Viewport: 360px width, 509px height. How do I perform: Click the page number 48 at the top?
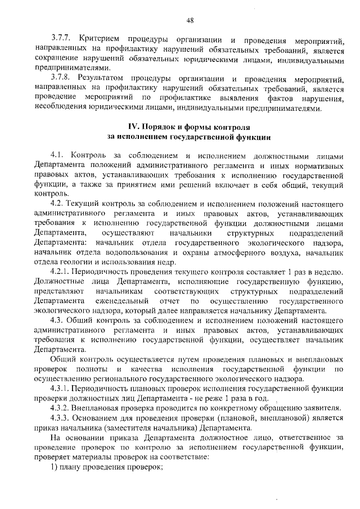point(190,21)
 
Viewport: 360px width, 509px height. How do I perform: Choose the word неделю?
point(326,271)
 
